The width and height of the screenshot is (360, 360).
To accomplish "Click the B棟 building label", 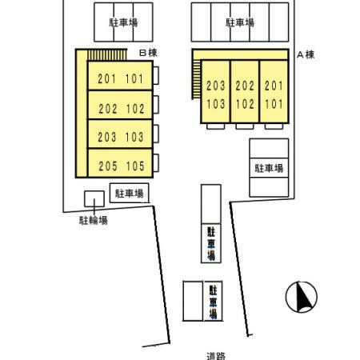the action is (148, 53).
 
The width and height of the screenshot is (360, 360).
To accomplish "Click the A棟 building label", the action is (306, 54).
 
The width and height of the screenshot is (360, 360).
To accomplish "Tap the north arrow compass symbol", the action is (302, 297).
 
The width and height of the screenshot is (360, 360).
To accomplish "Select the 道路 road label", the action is (216, 356).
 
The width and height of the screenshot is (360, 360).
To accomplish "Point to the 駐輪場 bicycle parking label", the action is (94, 220).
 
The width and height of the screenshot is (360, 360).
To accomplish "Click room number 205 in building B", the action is (108, 166).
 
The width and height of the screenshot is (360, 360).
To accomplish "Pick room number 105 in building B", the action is (135, 166).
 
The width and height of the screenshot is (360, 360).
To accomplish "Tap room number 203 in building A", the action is (216, 86).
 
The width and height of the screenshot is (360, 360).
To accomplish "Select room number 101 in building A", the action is (274, 104).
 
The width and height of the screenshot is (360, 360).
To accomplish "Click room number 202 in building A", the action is (245, 86).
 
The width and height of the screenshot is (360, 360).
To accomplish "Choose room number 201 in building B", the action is (107, 78).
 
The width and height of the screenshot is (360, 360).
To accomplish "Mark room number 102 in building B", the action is (135, 109).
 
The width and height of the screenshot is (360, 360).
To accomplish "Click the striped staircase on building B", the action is (107, 55).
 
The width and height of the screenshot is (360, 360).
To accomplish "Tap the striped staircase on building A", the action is (197, 79).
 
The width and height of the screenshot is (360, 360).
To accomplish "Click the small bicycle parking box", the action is (94, 198).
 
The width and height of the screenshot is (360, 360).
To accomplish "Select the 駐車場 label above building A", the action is (240, 22).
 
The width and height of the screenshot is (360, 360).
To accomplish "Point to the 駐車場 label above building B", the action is (123, 22).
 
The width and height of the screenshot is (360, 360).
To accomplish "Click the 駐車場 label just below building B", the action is (130, 194).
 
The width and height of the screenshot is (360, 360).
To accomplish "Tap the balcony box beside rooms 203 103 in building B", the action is (156, 134).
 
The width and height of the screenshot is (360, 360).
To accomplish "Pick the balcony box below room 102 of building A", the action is (245, 126).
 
